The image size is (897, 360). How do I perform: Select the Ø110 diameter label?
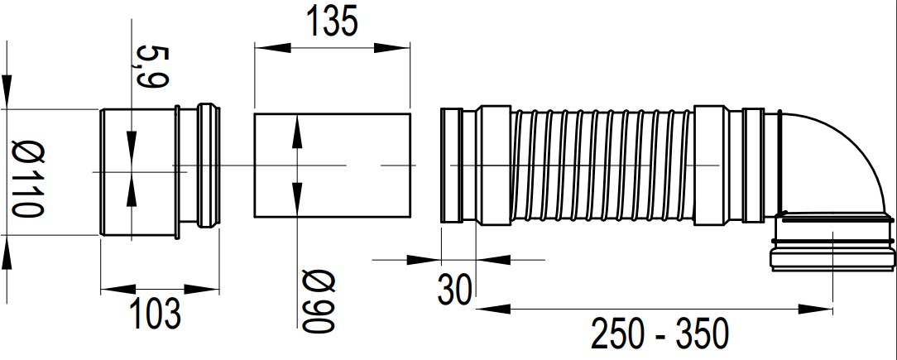pyautogui.click(x=28, y=179)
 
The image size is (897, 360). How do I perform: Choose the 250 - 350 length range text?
pyautogui.click(x=660, y=334)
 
